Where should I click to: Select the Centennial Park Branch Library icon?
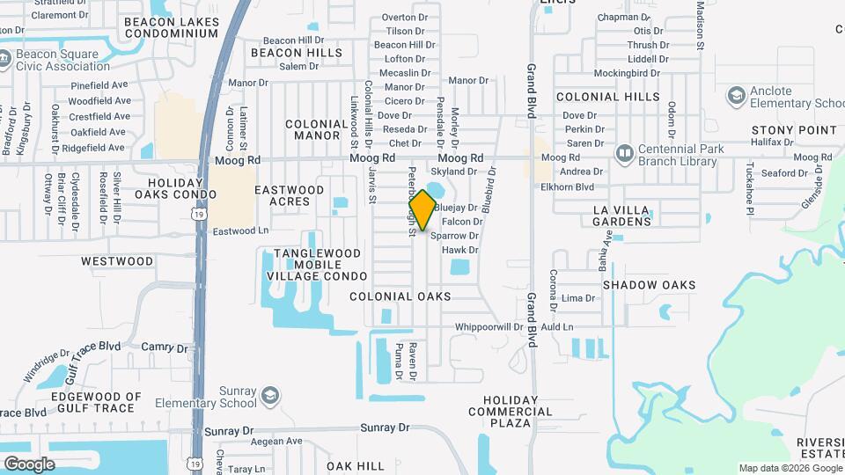625,154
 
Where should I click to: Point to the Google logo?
29,464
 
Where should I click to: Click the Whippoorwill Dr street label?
489,327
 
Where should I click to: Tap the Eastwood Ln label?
240,230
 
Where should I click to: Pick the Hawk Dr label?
459,250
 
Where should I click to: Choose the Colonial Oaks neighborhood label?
400,296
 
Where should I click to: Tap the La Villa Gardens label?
621,216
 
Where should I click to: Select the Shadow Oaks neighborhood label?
649,285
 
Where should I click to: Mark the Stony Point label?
794,130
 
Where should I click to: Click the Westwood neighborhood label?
117,261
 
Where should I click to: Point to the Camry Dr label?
165,347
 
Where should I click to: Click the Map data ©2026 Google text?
789,468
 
